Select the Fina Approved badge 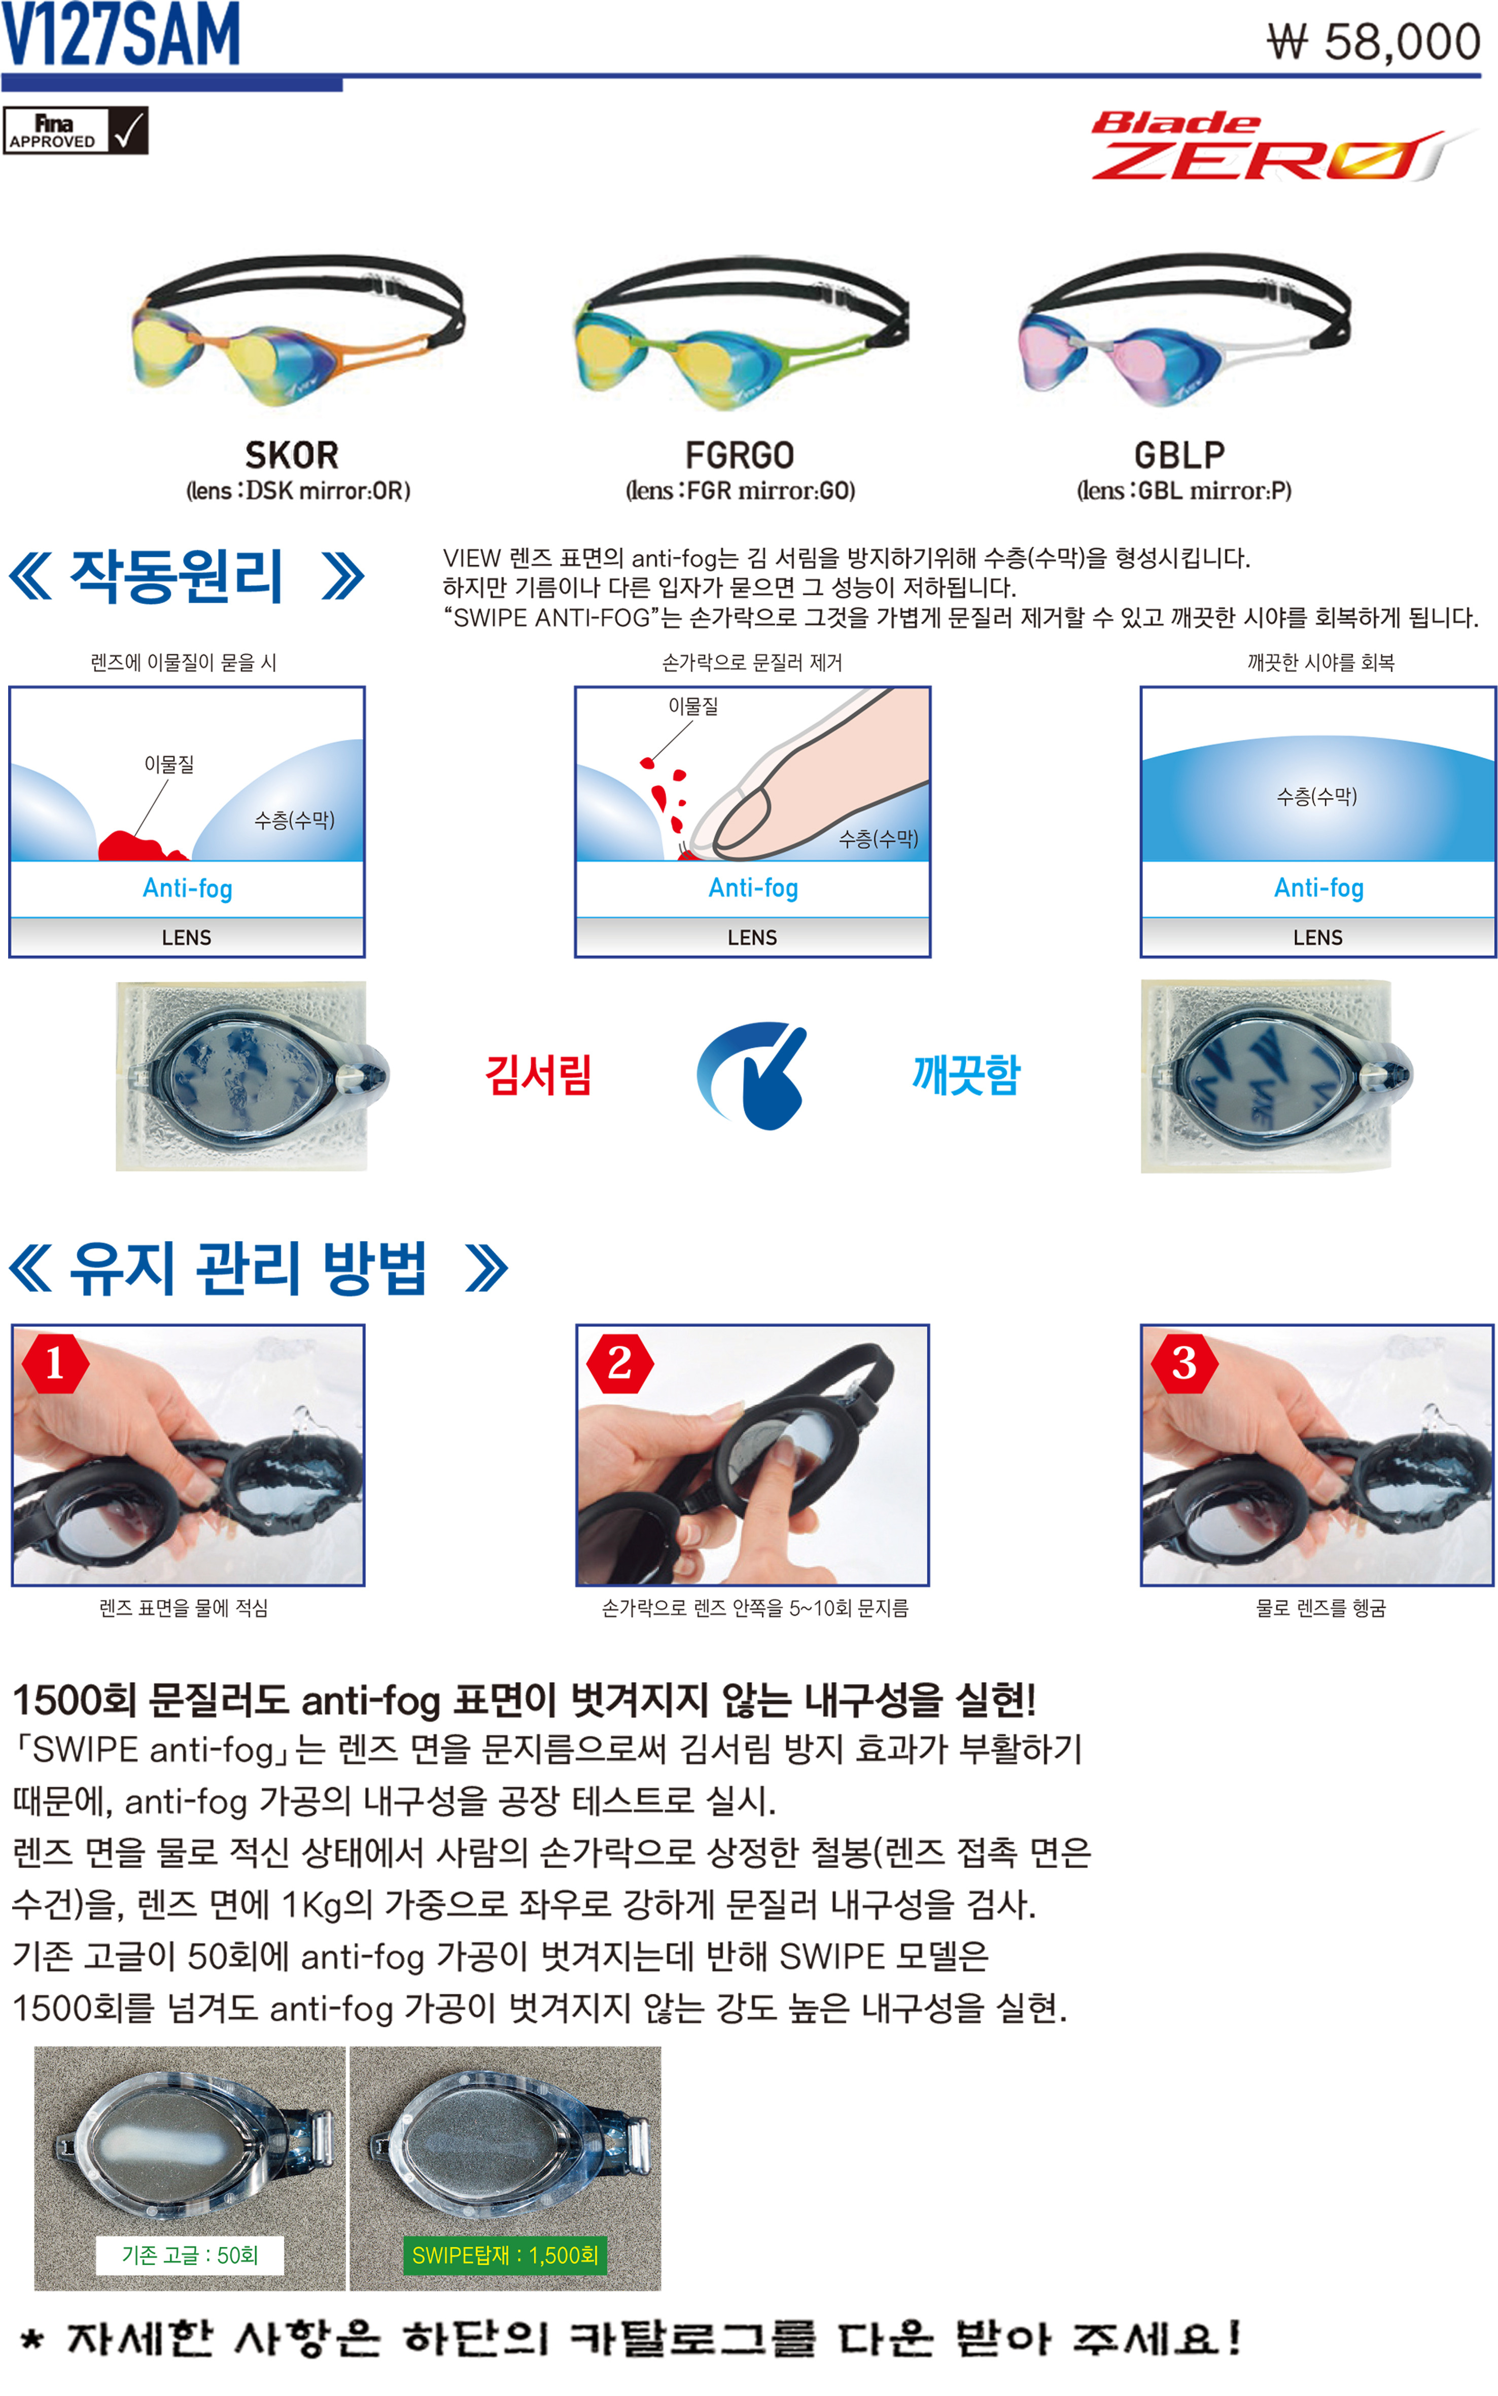[75, 130]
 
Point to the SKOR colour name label [292, 455]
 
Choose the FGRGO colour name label [740, 455]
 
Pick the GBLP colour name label [1179, 455]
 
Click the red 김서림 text [538, 1075]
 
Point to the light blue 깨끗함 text [966, 1075]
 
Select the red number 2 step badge [620, 1364]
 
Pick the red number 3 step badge [1185, 1364]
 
